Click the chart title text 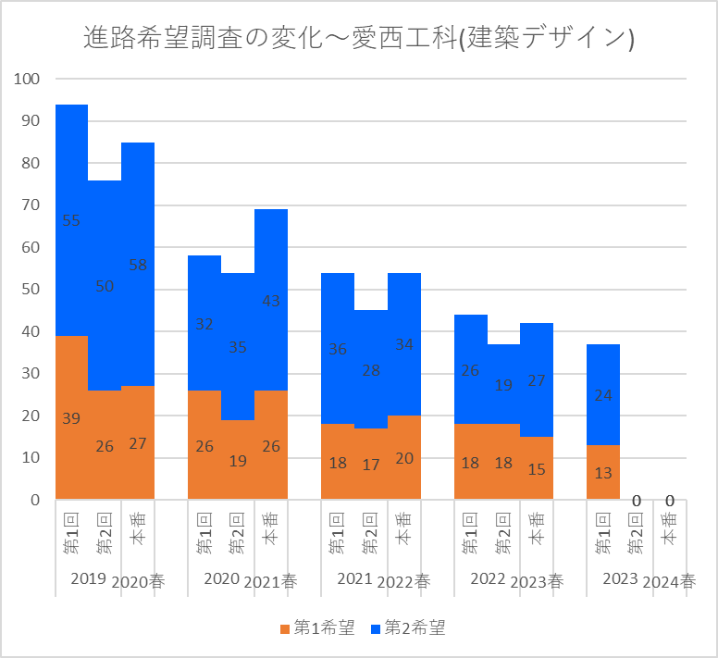[358, 38]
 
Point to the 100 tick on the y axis [28, 80]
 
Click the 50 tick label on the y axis [31, 290]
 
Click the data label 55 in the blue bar [71, 220]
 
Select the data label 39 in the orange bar [71, 418]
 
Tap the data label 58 [138, 265]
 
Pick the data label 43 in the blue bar [271, 301]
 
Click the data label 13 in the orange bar [603, 473]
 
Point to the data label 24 [603, 395]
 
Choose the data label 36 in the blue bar [338, 349]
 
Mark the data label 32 [204, 324]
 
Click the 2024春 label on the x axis [669, 582]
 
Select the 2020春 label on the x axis [138, 582]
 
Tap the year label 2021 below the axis [354, 579]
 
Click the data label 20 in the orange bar [404, 458]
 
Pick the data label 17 [371, 465]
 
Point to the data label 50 [105, 287]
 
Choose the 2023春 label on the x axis [537, 582]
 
